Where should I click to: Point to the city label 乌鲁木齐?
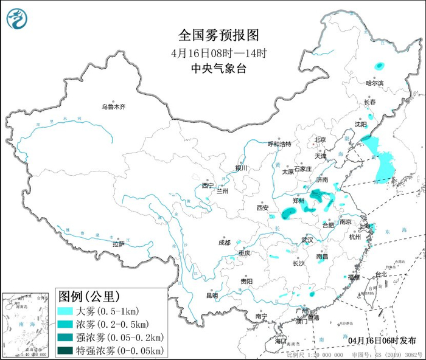click(113, 106)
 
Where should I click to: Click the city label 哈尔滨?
click(375, 83)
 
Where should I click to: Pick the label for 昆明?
click(212, 296)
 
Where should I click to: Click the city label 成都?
click(224, 242)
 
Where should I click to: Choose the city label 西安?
click(262, 207)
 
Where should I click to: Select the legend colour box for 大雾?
click(65, 311)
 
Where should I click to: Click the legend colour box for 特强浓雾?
click(65, 350)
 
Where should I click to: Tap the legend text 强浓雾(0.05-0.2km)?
click(119, 337)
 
